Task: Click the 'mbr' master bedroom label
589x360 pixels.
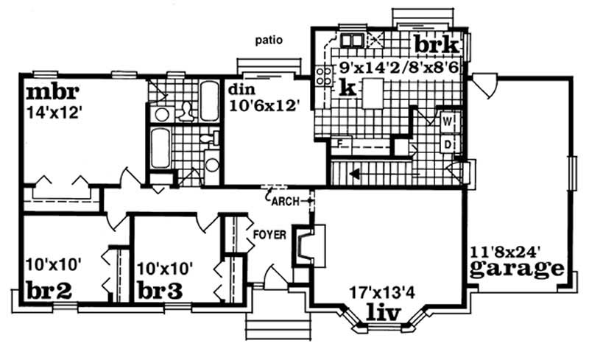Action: (x=52, y=93)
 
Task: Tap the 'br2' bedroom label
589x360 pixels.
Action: (x=49, y=290)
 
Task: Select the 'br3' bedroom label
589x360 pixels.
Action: (x=158, y=290)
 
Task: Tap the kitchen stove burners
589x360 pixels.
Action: (x=322, y=76)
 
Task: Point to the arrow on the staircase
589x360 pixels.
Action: (x=354, y=175)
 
